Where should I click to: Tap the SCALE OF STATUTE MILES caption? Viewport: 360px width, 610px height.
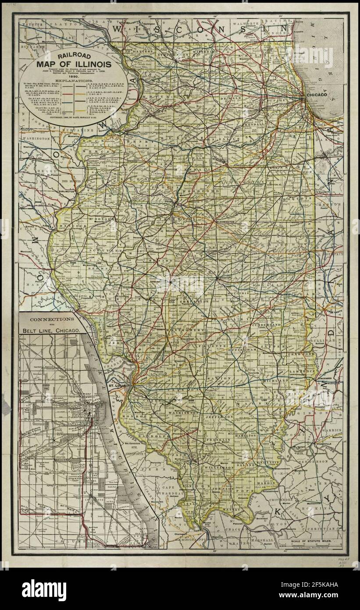(x=312, y=542)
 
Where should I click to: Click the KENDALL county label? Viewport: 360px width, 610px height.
(x=278, y=125)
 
